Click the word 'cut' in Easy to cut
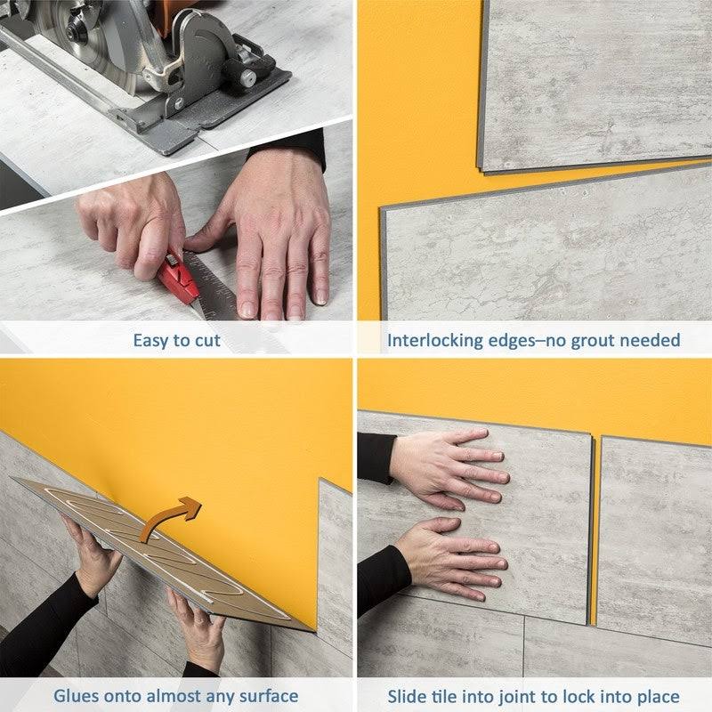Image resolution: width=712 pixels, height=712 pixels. (206, 340)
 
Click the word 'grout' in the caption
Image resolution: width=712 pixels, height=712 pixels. (583, 340)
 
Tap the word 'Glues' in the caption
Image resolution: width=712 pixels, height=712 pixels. (77, 696)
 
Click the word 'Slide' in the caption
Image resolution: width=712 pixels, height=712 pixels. (407, 696)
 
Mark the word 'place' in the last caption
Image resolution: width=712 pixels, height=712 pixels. (659, 696)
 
